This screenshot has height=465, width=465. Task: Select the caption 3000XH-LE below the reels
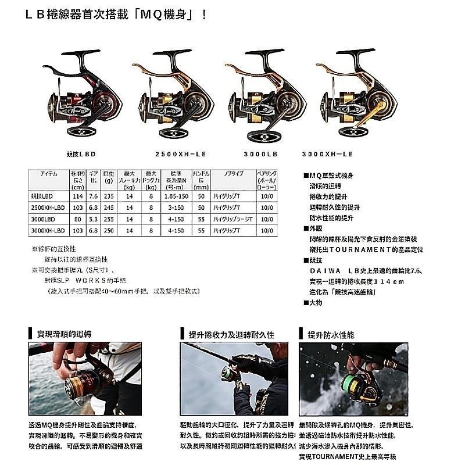[327, 155]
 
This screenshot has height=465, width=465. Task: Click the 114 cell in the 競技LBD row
[77, 197]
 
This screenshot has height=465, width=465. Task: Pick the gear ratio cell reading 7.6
[93, 197]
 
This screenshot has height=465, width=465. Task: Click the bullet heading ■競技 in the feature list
[314, 260]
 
